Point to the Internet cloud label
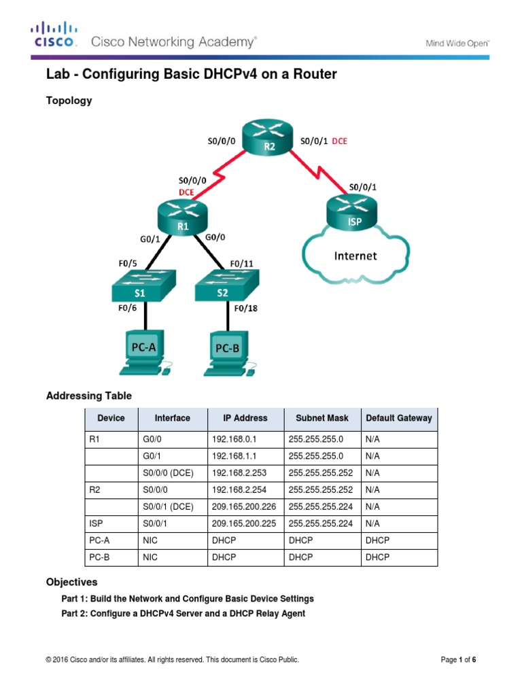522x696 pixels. pos(355,256)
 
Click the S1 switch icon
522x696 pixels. pos(142,286)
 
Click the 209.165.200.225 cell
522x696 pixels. pos(245,523)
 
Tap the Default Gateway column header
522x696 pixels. pos(398,418)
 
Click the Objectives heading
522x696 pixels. pos(71,582)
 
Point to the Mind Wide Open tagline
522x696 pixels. pos(457,43)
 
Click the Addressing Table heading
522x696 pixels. pos(88,396)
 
